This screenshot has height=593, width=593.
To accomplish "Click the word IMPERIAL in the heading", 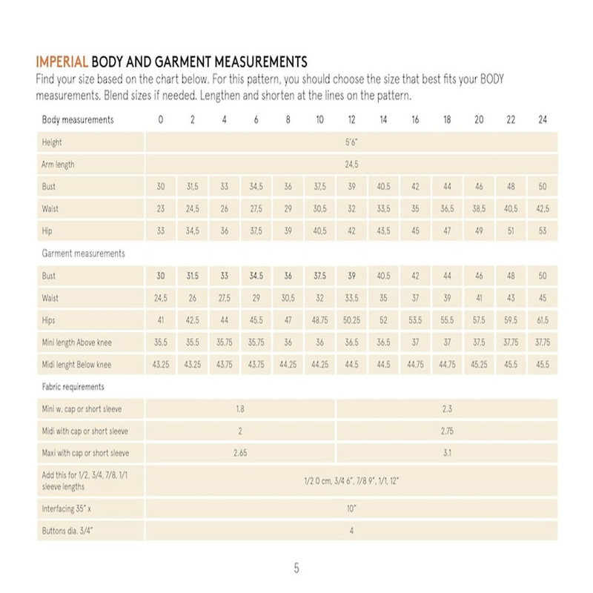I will click(62, 60).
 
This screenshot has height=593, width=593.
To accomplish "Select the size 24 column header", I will click(543, 120).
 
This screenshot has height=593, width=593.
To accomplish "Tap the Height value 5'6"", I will click(351, 142).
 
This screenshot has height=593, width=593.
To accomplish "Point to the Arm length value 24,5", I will click(351, 165).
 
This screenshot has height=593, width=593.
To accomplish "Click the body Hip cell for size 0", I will click(161, 231).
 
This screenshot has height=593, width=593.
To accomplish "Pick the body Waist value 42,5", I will click(543, 209).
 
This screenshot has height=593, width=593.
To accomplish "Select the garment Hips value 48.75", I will click(319, 320).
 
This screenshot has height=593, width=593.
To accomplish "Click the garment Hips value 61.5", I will click(543, 320).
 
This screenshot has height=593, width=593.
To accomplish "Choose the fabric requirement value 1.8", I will click(240, 409).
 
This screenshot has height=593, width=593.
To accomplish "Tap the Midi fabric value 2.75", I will click(447, 431).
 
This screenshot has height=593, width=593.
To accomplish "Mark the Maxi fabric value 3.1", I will click(447, 453).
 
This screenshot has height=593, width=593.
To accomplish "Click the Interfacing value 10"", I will click(351, 508).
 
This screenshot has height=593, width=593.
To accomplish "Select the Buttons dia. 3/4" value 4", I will click(351, 531).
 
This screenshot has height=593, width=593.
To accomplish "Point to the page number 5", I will click(296, 569).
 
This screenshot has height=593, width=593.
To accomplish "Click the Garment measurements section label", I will click(84, 254).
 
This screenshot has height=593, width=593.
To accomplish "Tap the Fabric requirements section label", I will click(73, 387).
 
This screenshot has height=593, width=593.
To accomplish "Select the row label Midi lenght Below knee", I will click(77, 365).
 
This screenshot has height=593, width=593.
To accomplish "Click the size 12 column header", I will click(351, 120).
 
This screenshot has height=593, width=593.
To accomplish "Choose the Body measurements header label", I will click(78, 120).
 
